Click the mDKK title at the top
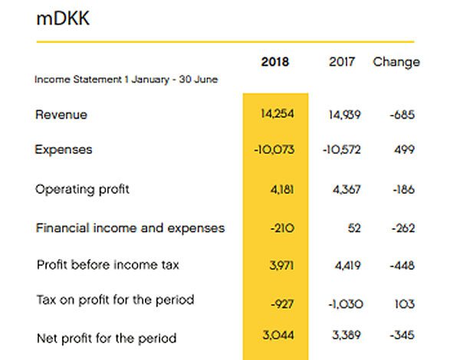point(63,19)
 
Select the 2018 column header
point(275,62)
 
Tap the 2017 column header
point(342,62)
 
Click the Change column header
point(396,62)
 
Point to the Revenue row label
point(61,115)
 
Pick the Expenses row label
point(64,149)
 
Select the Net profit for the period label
point(107,338)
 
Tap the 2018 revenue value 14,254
point(278,114)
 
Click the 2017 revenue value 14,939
point(344,115)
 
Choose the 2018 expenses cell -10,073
point(274,149)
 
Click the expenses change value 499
point(404,149)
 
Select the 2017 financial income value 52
point(354,227)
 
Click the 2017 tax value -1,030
point(345,305)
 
